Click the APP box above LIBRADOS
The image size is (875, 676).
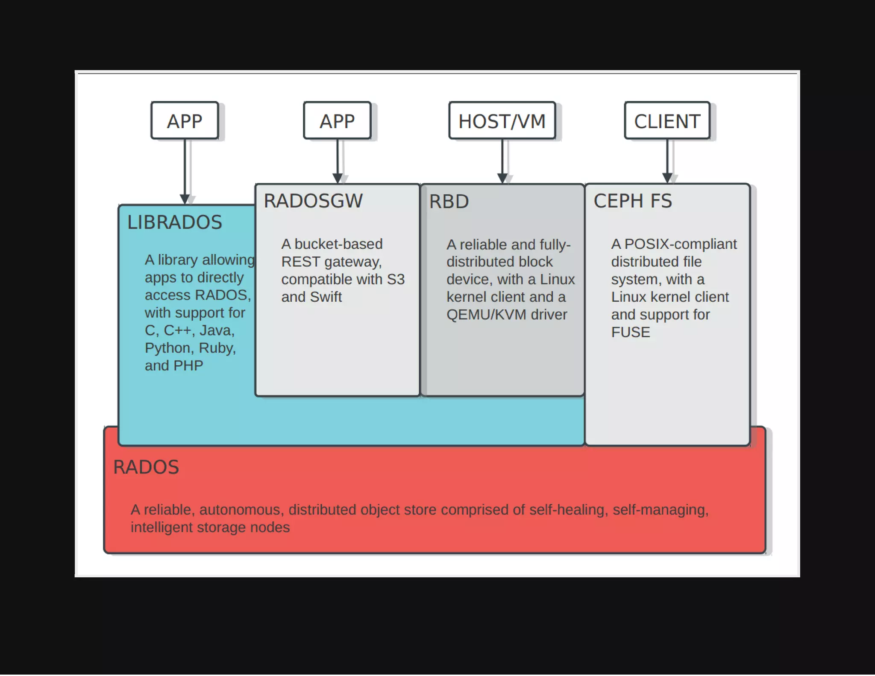click(x=185, y=121)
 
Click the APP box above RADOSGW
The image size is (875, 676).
click(x=337, y=121)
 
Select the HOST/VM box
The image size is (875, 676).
click(x=502, y=121)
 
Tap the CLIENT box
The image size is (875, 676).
click(x=667, y=121)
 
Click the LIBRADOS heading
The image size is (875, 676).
click(x=175, y=222)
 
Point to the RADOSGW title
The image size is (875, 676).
click(x=313, y=201)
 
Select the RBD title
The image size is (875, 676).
click(x=449, y=201)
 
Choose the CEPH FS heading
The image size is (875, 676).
click(x=633, y=201)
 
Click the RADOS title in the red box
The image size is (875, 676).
click(x=146, y=467)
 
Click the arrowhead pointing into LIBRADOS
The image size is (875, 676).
click(x=185, y=199)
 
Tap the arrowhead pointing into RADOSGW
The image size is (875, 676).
click(x=338, y=178)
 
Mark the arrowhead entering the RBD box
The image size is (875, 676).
click(x=502, y=178)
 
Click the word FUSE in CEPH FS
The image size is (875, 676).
click(x=631, y=332)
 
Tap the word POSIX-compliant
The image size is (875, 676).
click(x=681, y=244)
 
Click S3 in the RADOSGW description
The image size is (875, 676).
click(x=396, y=279)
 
